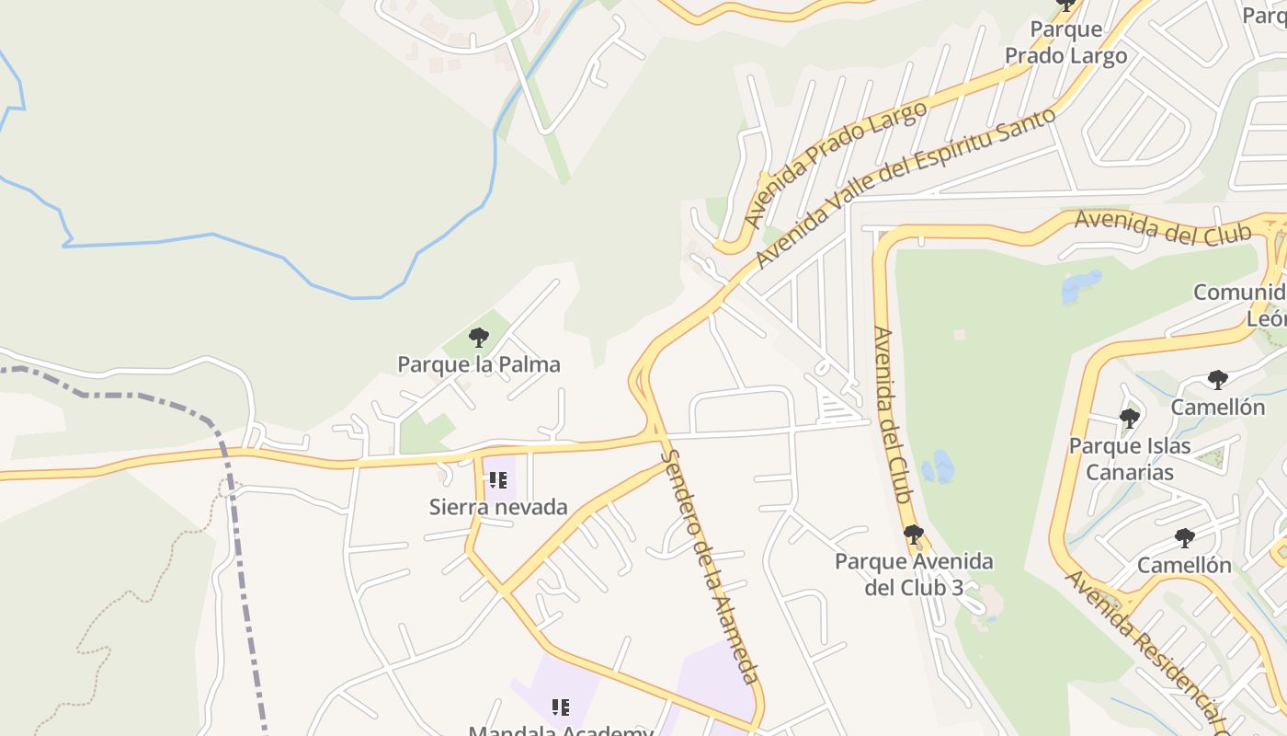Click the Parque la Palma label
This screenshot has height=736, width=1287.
478,364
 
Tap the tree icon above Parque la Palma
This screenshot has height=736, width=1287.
478,337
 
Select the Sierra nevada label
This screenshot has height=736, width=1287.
498,507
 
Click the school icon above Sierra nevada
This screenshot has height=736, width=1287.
498,479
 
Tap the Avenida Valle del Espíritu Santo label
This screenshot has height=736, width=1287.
905,189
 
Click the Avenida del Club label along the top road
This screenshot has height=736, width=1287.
1163,225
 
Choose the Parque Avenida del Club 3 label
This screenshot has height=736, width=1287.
914,574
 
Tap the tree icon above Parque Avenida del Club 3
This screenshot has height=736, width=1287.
913,534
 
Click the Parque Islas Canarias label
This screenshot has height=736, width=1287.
1130,459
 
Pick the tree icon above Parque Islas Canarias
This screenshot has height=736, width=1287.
1129,419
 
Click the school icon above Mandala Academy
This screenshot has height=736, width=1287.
561,707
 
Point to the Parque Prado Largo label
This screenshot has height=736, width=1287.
1065,42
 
